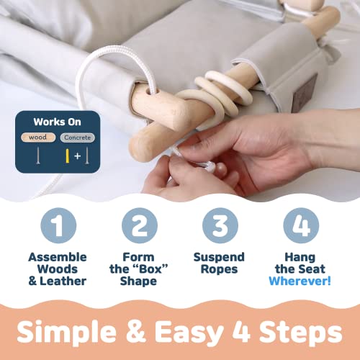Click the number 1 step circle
pyautogui.click(x=58, y=225)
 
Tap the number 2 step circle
pyautogui.click(x=140, y=225)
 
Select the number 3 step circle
pyautogui.click(x=220, y=225)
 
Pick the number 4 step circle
pyautogui.click(x=301, y=225)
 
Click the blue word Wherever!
pyautogui.click(x=300, y=281)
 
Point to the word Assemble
pyautogui.click(x=58, y=257)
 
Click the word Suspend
pyautogui.click(x=219, y=258)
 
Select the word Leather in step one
pyautogui.click(x=63, y=281)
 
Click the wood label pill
pyautogui.click(x=38, y=138)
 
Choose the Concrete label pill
pyautogui.click(x=78, y=138)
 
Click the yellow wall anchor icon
pyautogui.click(x=68, y=156)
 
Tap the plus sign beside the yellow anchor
pyautogui.click(x=77, y=156)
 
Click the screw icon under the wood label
pyautogui.click(x=38, y=156)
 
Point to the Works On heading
pyautogui.click(x=57, y=122)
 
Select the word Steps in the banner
pyautogui.click(x=301, y=333)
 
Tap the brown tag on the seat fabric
pyautogui.click(x=305, y=91)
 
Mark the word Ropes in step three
pyautogui.click(x=219, y=270)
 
